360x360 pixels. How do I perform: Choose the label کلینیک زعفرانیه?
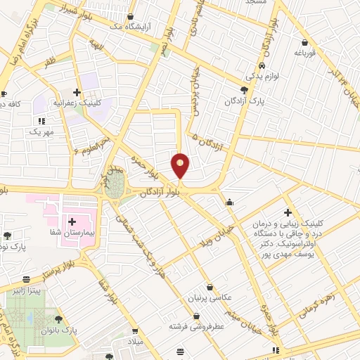pos(98,102)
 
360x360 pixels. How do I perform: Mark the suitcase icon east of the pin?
pos(229,203)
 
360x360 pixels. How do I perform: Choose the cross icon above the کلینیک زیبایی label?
pos(288,212)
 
